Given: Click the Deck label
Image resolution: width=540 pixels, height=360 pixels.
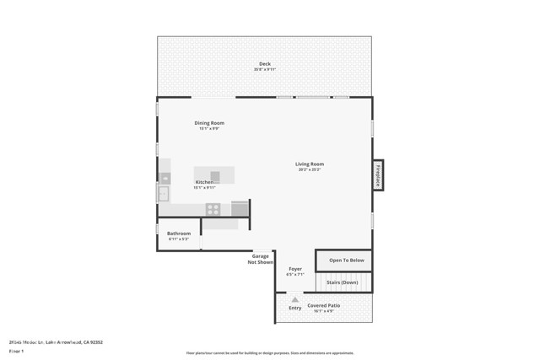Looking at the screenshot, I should tap(265, 64).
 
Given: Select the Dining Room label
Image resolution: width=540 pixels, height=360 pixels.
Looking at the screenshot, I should tap(209, 123).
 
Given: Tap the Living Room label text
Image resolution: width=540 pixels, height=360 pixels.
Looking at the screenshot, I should tap(310, 164).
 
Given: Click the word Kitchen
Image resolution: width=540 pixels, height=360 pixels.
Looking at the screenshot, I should tap(205, 182).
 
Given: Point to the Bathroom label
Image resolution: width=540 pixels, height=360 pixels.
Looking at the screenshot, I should tap(179, 234).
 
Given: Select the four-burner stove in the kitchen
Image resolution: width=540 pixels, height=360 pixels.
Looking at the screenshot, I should tap(213, 209).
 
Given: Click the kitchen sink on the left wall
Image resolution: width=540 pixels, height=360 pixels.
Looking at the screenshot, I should tap(163, 194).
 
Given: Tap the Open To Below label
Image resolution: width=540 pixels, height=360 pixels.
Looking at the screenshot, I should tap(347, 261).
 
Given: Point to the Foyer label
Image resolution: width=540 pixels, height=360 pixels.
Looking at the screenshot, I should tap(295, 269).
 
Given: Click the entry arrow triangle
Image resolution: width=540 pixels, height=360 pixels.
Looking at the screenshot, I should tap(295, 299).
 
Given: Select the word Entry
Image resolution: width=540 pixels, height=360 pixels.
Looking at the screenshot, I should tap(295, 308).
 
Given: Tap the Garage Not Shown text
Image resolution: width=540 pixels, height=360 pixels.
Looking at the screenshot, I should tap(261, 259).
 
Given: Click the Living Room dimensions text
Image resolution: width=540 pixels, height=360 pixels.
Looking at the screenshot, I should tap(310, 170).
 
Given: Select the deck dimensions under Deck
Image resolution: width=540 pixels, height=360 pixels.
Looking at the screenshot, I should tap(265, 70).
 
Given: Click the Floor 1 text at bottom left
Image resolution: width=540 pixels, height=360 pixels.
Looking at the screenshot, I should tap(16, 351).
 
